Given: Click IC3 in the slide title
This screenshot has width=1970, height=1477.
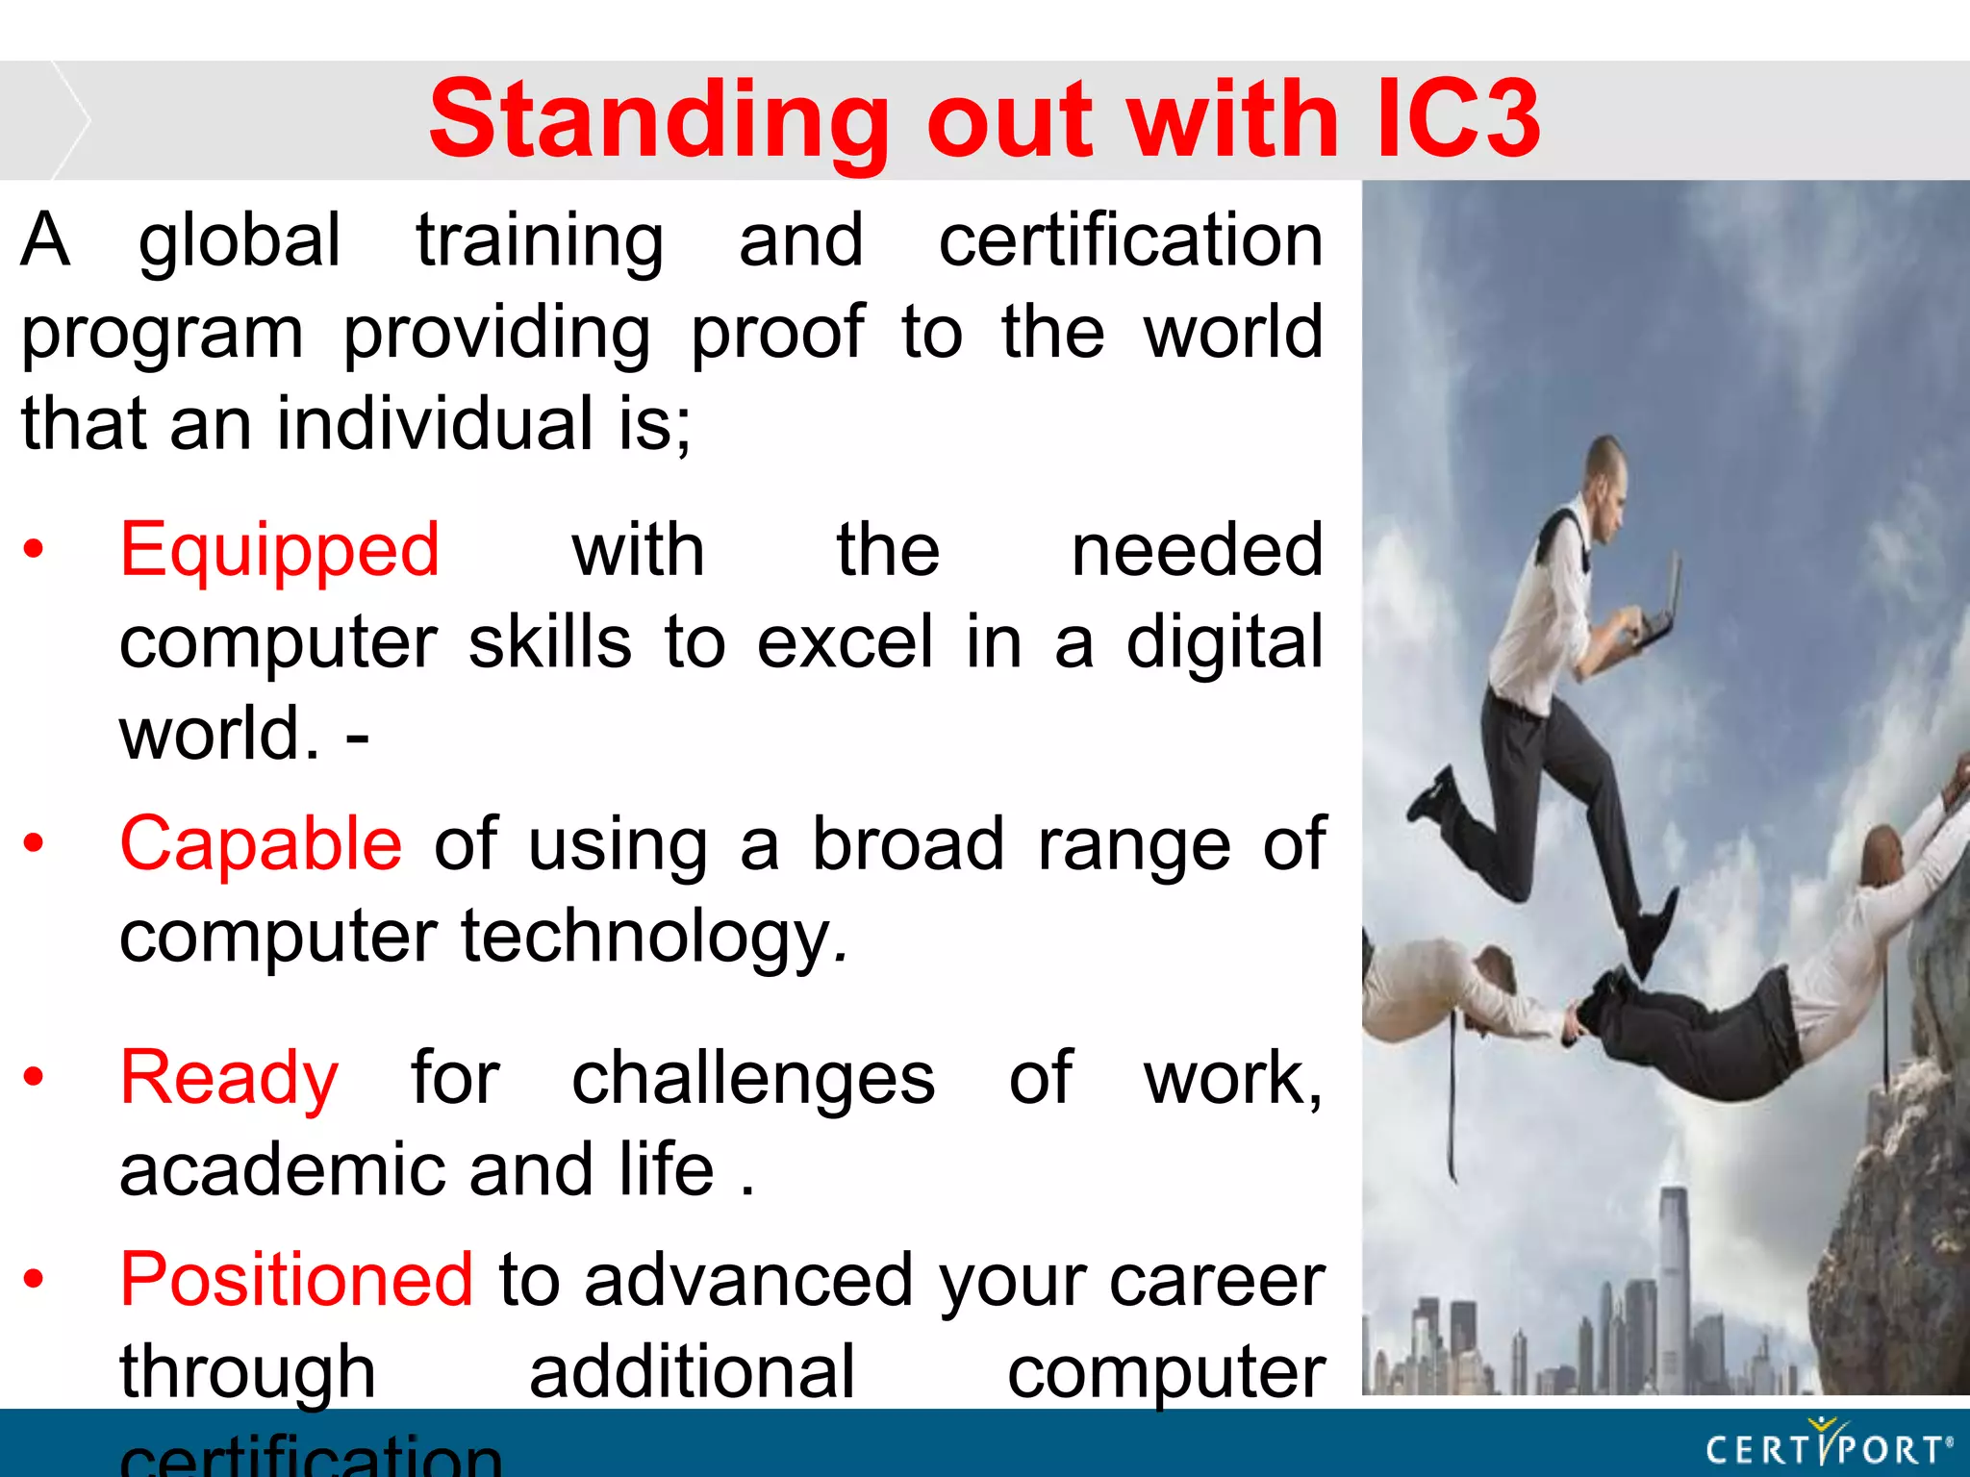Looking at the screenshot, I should click(1459, 119).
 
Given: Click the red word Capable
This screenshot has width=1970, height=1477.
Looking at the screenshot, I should click(261, 844).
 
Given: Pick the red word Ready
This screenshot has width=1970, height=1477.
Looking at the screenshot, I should click(229, 1078).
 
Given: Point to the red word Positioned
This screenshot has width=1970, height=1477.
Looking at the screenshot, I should click(296, 1280).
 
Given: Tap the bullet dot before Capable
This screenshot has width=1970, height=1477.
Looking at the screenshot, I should click(34, 843).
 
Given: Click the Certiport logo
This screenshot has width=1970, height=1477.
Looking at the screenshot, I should click(1828, 1446).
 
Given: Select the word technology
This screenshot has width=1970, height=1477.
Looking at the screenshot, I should click(647, 937).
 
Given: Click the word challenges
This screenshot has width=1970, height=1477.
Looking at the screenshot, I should click(753, 1078).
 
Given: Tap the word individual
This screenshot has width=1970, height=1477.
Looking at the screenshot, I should click(435, 424).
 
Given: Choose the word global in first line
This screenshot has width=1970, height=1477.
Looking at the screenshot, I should click(240, 240).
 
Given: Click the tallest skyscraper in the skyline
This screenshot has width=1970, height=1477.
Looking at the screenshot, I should click(1674, 1279).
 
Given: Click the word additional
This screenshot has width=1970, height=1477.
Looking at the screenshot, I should click(692, 1372).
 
